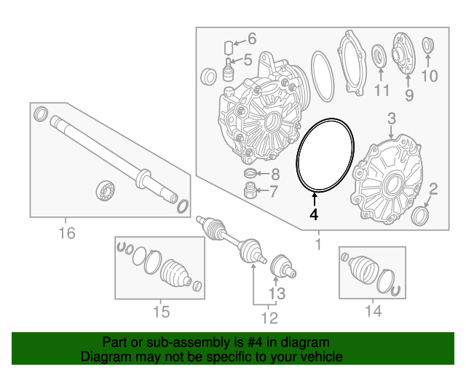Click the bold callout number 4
tap(314, 215)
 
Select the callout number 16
tap(66, 233)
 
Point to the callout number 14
tap(373, 312)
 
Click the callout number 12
tap(269, 318)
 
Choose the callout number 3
tap(391, 118)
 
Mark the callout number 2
tap(433, 190)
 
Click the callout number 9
tap(408, 94)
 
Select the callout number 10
tap(430, 76)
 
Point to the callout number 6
tap(252, 39)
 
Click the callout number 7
tap(274, 192)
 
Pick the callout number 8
tap(274, 174)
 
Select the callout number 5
tap(248, 61)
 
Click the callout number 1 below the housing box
tap(317, 245)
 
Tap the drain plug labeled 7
tap(250, 192)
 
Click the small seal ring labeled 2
tap(421, 217)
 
